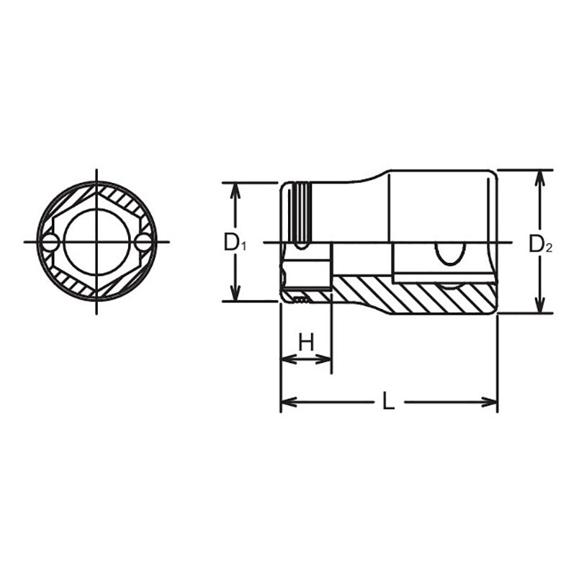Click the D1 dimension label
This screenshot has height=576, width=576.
[235, 243]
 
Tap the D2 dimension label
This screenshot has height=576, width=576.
[540, 244]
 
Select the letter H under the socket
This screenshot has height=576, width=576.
[307, 342]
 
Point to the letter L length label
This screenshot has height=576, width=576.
[388, 402]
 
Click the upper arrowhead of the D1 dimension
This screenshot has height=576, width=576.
[234, 189]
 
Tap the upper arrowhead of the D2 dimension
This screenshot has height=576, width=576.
[538, 177]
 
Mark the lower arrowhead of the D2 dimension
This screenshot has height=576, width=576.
[538, 306]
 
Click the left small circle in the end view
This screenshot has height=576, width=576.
[50, 243]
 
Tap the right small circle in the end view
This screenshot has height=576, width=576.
[144, 243]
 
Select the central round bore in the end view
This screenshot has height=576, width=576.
[96, 242]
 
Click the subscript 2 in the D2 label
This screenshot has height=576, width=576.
[549, 248]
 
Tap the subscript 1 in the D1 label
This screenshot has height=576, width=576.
[243, 247]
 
